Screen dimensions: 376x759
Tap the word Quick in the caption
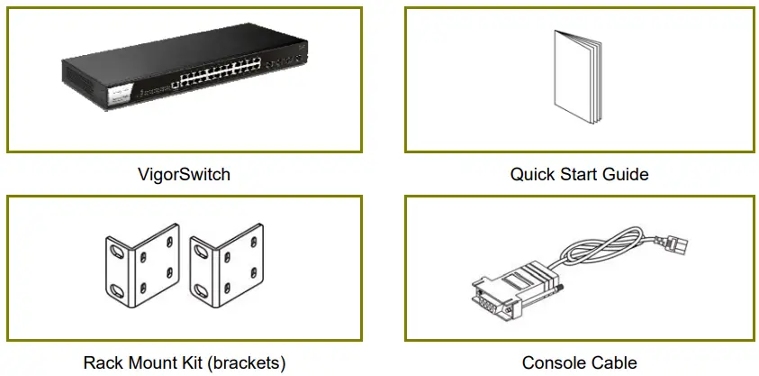tap(532, 174)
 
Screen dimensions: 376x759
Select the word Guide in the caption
tap(624, 174)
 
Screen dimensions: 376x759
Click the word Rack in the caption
tap(103, 363)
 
